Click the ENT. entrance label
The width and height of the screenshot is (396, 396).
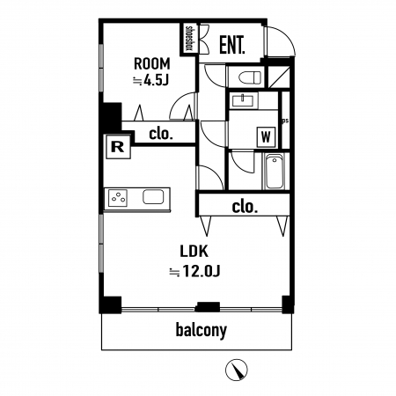[x=232, y=45]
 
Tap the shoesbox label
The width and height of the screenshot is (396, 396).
[x=189, y=39]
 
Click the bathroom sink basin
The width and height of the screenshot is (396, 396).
[x=244, y=101]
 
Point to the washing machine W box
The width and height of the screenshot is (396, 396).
[x=266, y=136]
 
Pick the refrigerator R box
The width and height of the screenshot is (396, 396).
[x=118, y=147]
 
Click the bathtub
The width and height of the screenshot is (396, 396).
[x=275, y=172]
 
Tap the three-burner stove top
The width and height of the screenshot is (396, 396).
[x=118, y=198]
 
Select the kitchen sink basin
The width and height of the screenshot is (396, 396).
[x=153, y=196]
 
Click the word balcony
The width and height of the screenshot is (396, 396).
[x=202, y=330]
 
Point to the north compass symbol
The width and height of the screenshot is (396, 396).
[x=237, y=370]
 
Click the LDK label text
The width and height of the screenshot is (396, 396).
[x=194, y=252]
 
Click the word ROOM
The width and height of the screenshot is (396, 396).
[x=152, y=63]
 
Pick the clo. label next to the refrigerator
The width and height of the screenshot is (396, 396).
[x=161, y=134]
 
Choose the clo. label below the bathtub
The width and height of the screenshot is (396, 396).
[x=245, y=207]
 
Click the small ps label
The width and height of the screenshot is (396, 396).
[x=285, y=121]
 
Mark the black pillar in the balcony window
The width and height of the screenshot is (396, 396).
[x=208, y=307]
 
